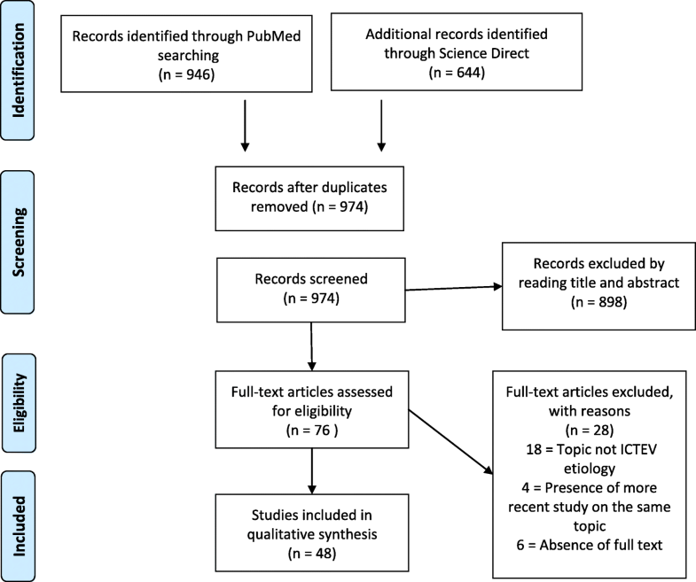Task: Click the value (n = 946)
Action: tap(176, 74)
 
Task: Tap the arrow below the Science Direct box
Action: tap(380, 133)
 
